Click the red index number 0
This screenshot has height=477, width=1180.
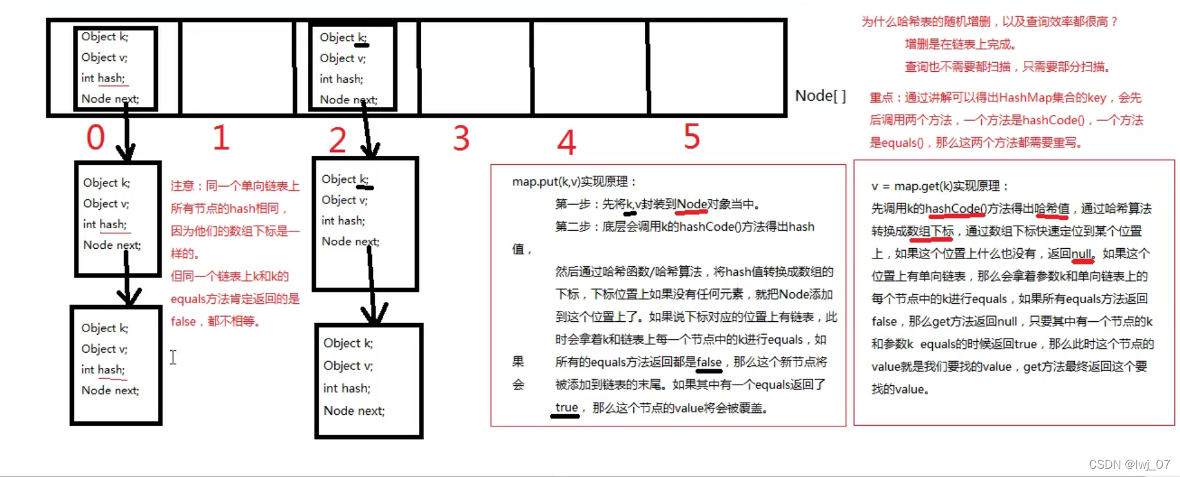click(x=96, y=137)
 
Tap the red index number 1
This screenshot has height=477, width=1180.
click(x=221, y=138)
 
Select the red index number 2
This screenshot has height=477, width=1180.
click(x=338, y=140)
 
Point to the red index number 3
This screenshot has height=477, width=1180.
click(x=461, y=138)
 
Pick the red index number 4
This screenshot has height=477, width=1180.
click(x=566, y=142)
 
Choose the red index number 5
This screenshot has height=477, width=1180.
click(x=691, y=137)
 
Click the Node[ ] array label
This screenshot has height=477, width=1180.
click(x=820, y=96)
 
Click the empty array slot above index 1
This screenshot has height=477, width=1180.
click(x=237, y=67)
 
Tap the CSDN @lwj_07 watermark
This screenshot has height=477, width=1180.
click(x=1129, y=464)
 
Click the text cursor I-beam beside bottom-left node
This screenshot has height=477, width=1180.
click(x=173, y=357)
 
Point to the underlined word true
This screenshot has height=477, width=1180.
click(x=566, y=407)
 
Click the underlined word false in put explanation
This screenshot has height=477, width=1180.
click(x=709, y=362)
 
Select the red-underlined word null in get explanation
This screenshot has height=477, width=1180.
click(x=1081, y=253)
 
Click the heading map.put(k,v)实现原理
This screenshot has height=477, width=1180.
click(x=574, y=181)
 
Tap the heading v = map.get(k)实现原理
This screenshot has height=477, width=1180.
click(x=939, y=186)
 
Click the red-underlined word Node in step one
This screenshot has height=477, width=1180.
click(x=691, y=204)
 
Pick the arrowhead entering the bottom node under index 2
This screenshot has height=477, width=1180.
click(x=373, y=314)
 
